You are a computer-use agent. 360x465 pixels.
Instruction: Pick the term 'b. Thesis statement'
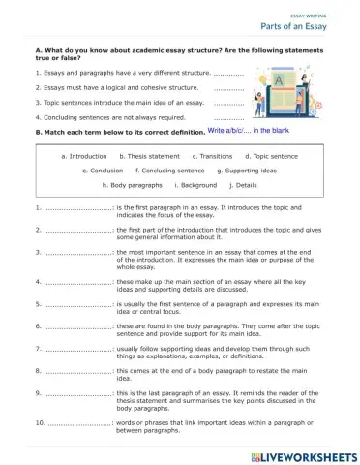tap(149, 156)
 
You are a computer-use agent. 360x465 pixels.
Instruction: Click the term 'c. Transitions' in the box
tap(212, 156)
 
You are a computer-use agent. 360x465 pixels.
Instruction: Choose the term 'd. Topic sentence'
tap(272, 156)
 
